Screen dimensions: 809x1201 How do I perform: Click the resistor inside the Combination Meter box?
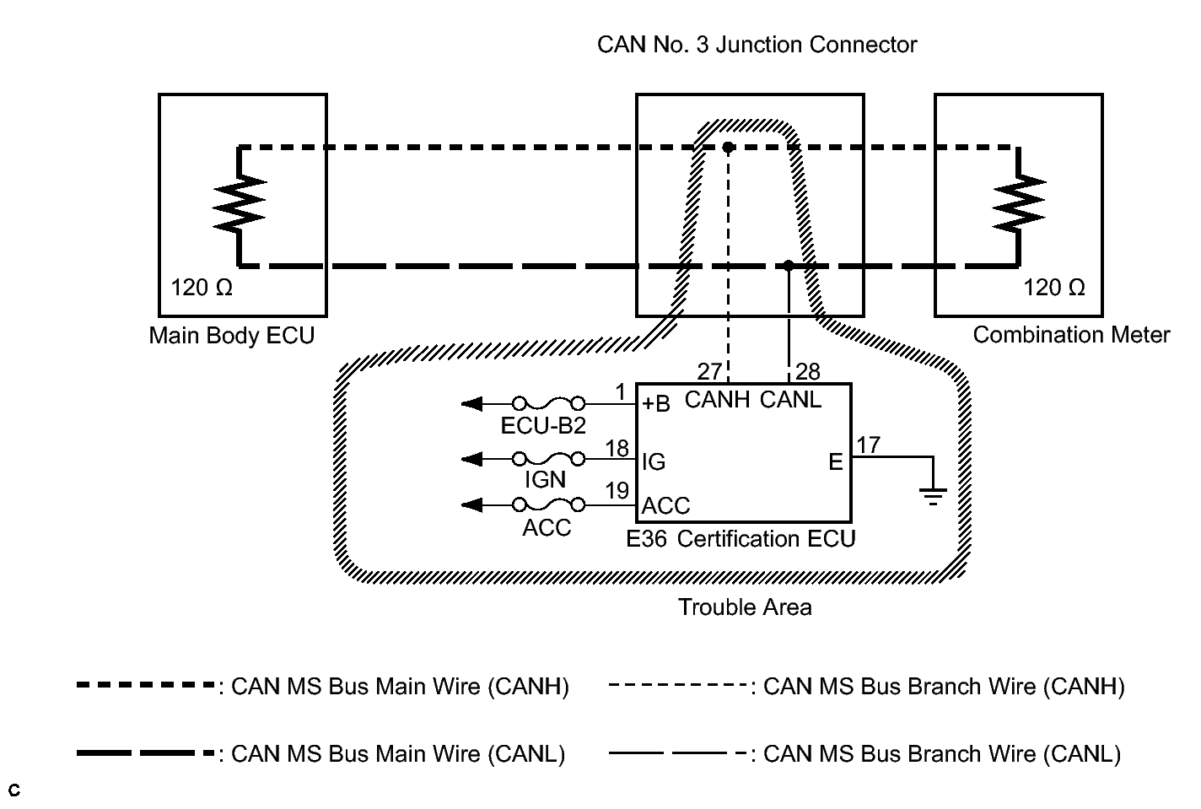tap(1019, 205)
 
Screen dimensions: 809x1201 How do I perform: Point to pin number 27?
tap(710, 371)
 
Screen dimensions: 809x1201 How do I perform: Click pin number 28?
tap(807, 371)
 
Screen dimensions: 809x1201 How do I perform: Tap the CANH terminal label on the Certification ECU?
tap(717, 400)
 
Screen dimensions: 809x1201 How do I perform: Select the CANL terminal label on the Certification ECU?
tap(790, 400)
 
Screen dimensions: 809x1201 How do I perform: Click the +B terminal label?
tap(656, 404)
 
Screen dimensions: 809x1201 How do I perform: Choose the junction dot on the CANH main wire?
tap(728, 148)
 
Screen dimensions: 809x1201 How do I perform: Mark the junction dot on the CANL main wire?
tap(788, 266)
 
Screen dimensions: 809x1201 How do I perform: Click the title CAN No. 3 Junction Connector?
tap(757, 44)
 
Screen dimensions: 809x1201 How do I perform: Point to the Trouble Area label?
tap(745, 607)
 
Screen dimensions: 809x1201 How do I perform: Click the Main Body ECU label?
tap(232, 336)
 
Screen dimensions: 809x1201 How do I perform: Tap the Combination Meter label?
tap(1071, 335)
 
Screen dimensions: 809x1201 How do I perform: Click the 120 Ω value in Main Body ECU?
tap(202, 288)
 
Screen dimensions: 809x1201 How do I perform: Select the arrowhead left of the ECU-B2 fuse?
tap(472, 404)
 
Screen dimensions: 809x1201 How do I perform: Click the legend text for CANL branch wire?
tap(941, 754)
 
